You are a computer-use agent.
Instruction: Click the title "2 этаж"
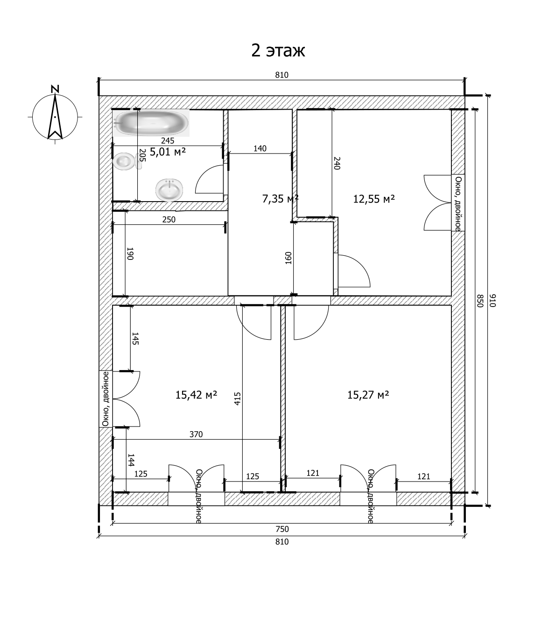click(278, 50)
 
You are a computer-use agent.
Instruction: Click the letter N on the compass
click(55, 88)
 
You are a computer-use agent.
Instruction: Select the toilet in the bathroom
click(126, 162)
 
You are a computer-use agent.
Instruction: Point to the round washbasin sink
click(170, 189)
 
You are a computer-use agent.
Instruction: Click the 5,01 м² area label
click(168, 152)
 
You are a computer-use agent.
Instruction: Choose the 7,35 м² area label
click(280, 199)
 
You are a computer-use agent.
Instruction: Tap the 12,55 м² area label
click(374, 199)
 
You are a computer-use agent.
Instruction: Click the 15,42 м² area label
click(196, 395)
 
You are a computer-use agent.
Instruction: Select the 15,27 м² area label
click(368, 395)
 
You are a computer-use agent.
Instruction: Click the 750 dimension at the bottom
click(282, 529)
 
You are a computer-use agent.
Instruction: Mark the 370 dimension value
click(196, 434)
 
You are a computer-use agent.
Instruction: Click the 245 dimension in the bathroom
click(167, 140)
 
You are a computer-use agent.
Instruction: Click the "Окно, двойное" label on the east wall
click(458, 203)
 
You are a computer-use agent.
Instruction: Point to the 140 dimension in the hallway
click(260, 148)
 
